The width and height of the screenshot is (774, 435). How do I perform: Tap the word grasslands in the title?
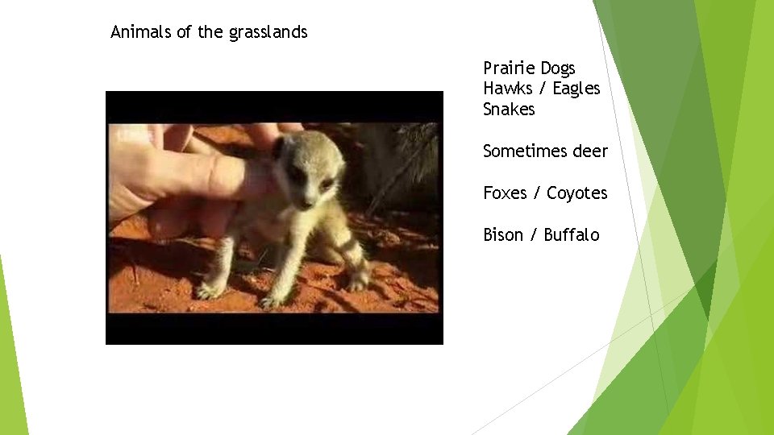(268, 33)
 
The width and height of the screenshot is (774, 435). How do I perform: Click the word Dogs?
(558, 68)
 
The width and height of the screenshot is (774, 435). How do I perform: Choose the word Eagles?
(576, 89)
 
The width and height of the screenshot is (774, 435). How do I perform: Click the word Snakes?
(509, 109)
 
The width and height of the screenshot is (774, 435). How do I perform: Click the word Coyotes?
(577, 193)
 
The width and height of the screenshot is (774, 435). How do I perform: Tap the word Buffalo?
(572, 234)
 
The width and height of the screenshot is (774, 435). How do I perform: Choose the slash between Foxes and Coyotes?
(536, 193)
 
